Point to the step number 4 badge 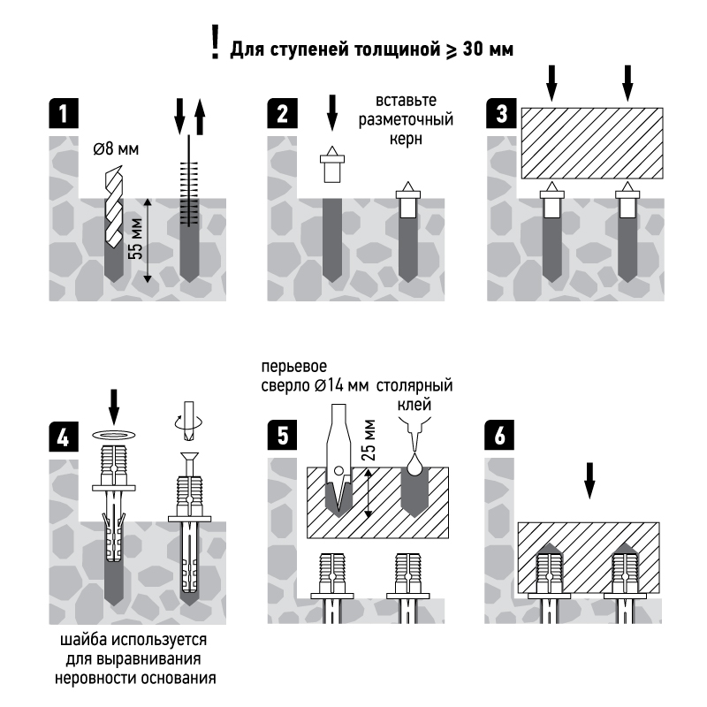(62, 437)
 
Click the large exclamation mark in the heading (215, 43)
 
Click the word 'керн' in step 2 (407, 139)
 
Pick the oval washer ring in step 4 (113, 435)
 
